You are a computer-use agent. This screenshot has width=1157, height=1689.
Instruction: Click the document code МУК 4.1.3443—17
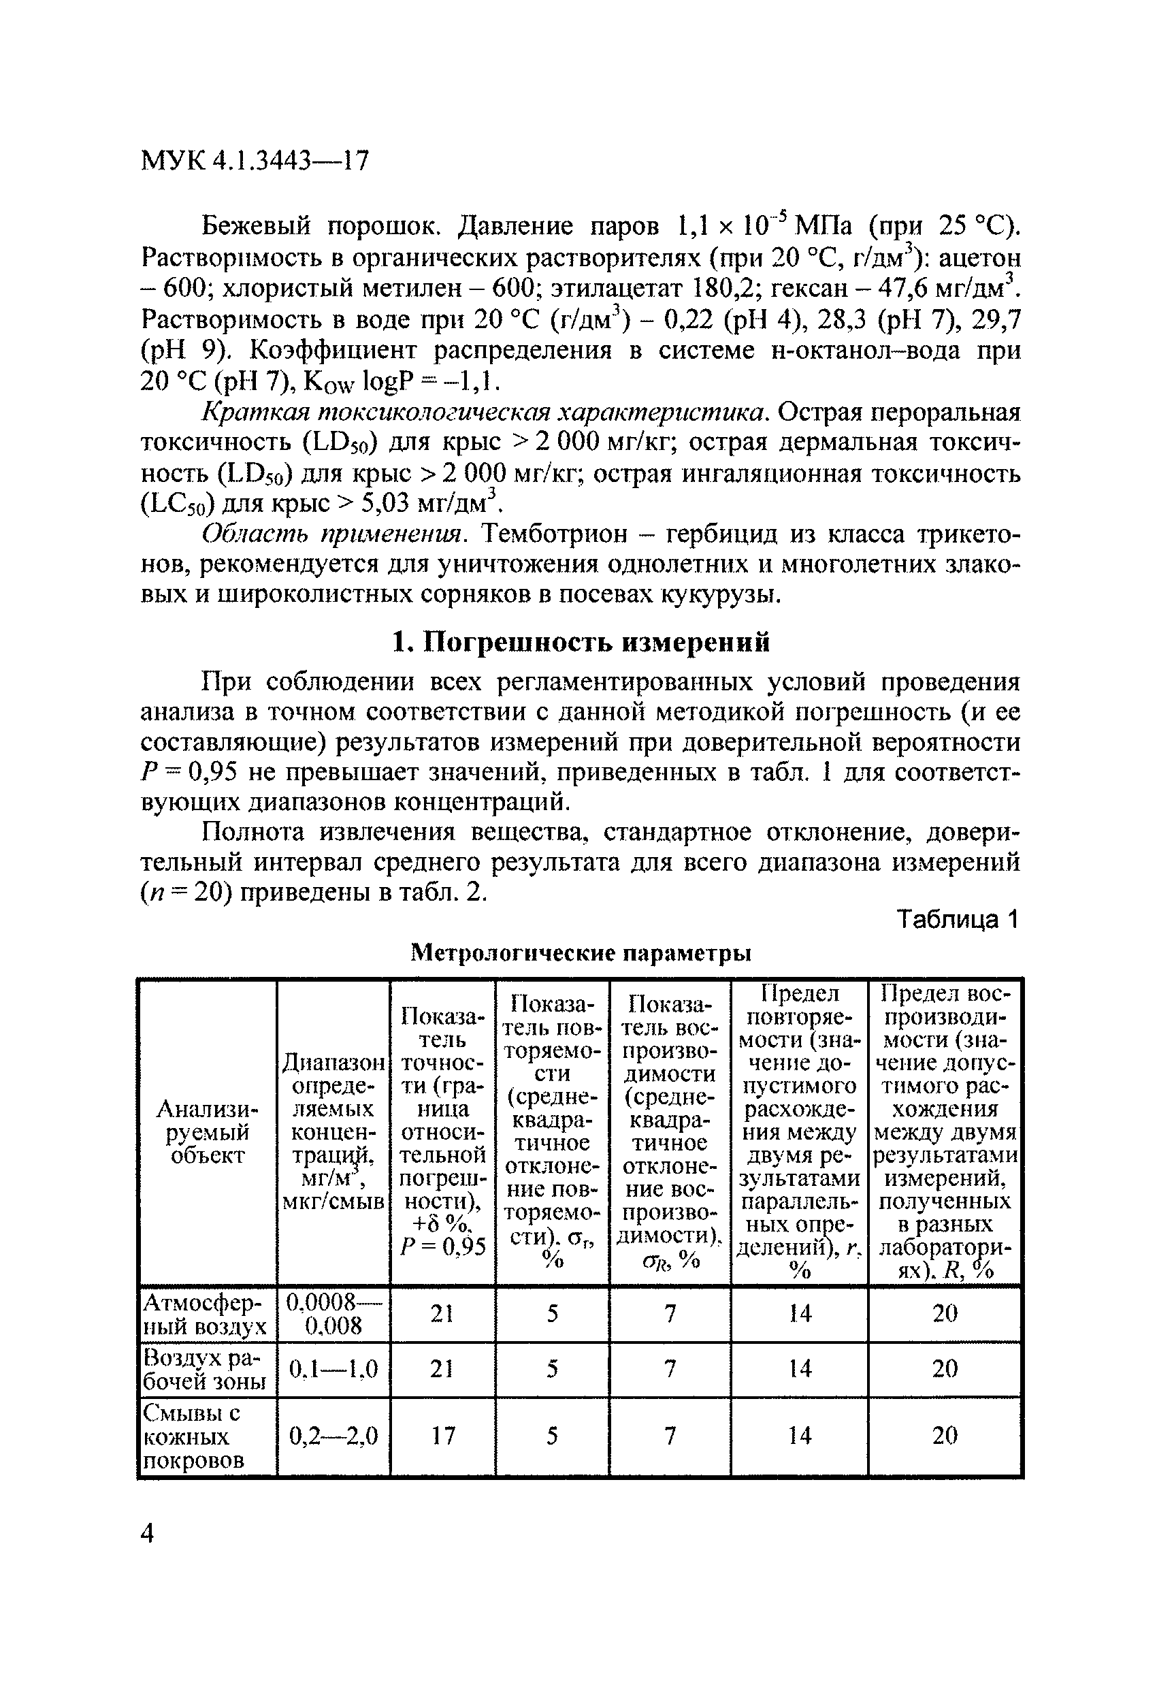(x=255, y=160)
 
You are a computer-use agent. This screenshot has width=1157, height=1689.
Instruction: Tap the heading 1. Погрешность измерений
(x=580, y=643)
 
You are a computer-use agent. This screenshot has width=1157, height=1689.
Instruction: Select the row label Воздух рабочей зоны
(x=206, y=1369)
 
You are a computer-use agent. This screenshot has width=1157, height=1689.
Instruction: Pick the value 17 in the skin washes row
(x=442, y=1435)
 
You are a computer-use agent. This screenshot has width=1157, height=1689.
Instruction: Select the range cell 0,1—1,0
(x=333, y=1369)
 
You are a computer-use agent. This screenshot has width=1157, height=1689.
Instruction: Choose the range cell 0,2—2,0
(x=333, y=1435)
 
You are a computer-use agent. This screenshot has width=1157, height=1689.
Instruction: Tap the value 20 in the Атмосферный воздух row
(x=944, y=1313)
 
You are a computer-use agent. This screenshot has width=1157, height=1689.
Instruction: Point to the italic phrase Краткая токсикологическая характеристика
(x=483, y=412)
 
